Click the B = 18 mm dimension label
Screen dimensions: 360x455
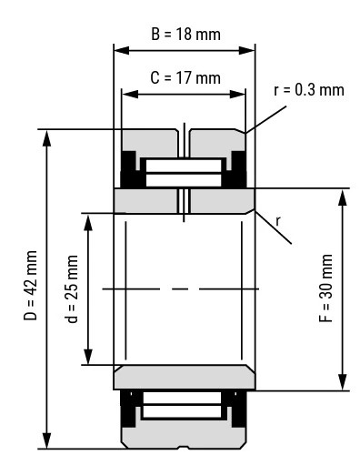[x=185, y=34]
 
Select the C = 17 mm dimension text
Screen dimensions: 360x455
[x=185, y=78]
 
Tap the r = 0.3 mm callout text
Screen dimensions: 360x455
[x=309, y=90]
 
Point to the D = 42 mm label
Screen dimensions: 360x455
[x=30, y=286]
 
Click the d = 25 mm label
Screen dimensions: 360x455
[x=73, y=289]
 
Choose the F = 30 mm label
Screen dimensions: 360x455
[x=326, y=288]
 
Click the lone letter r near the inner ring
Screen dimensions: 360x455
[x=278, y=221]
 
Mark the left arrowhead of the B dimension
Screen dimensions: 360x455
[x=122, y=51]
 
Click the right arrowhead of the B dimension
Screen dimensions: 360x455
[x=246, y=51]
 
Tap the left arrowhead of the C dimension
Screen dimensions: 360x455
[x=130, y=95]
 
